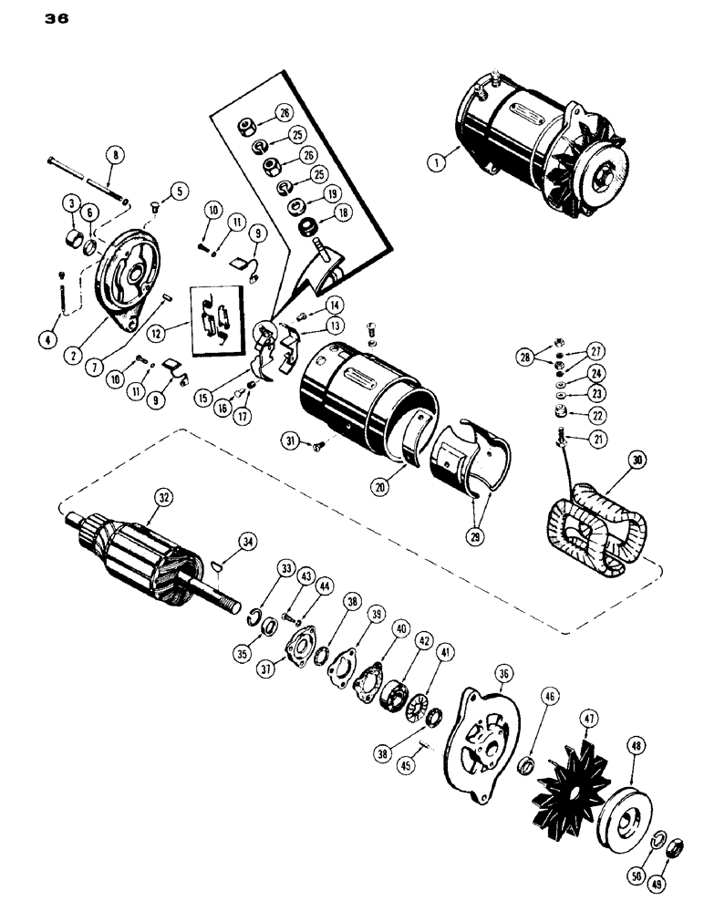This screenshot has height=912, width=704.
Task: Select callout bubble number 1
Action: (438, 162)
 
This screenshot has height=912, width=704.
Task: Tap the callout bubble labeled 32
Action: (163, 499)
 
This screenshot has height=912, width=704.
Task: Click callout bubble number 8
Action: (114, 155)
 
